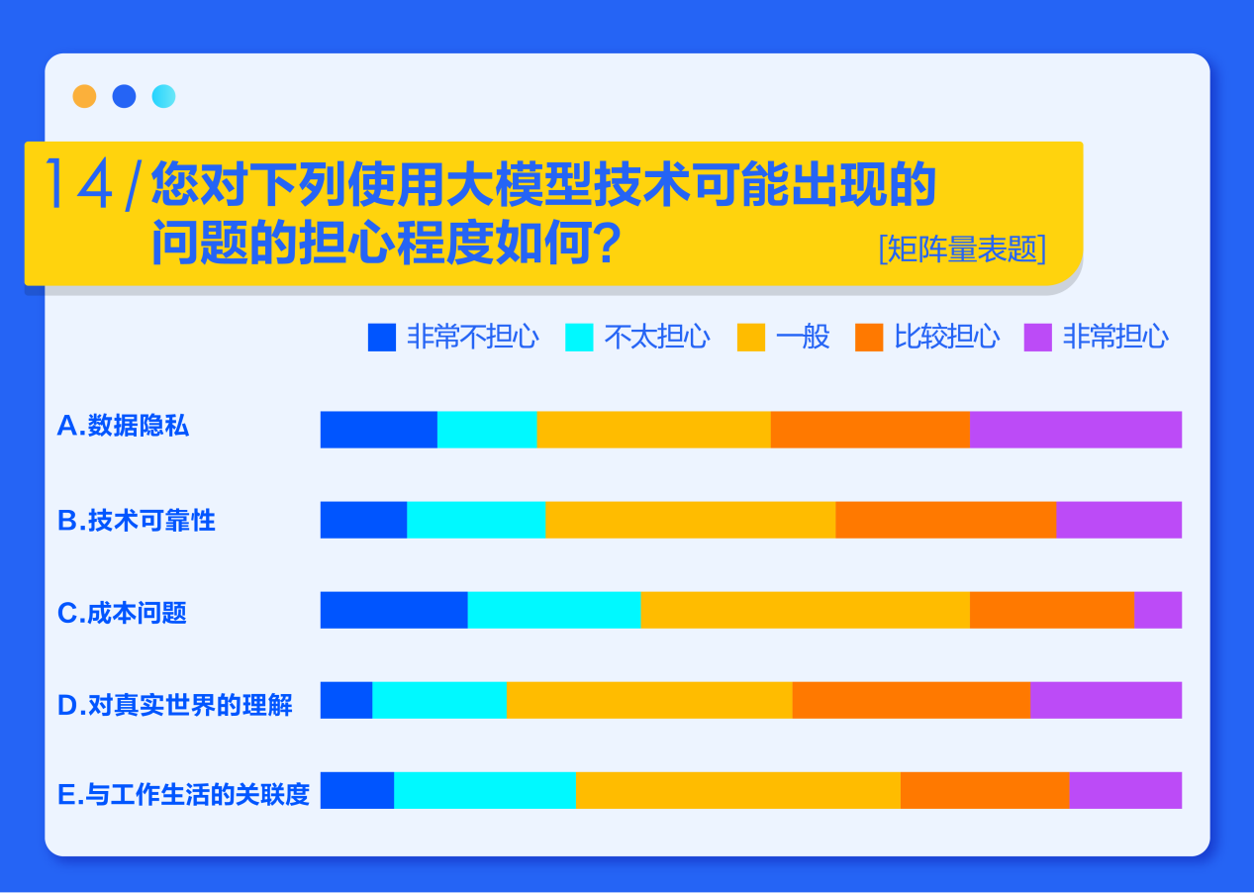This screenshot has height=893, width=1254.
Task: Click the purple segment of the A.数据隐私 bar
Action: coord(1076,430)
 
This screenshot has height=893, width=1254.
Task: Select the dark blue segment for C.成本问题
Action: coord(394,610)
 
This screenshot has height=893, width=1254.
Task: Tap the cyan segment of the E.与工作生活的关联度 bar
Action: coord(485,790)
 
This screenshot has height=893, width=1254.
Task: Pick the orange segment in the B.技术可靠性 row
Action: coord(945,520)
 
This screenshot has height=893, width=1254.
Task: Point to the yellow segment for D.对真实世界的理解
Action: coord(649,700)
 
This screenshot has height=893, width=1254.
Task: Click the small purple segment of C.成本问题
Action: coord(1158,610)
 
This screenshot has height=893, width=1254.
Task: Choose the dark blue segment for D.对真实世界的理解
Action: coord(346,700)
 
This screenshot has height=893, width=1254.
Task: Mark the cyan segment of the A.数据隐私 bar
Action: coord(487,430)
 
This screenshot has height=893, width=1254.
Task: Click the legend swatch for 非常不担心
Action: coord(382,337)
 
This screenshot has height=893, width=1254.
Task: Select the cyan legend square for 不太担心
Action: coord(579,337)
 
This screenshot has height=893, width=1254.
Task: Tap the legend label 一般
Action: coord(803,337)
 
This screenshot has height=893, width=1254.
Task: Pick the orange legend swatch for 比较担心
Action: coord(869,337)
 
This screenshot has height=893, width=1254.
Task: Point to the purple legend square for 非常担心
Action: coord(1038,337)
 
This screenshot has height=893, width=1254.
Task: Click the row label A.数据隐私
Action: coord(123,426)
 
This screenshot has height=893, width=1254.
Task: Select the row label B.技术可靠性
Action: coord(136,520)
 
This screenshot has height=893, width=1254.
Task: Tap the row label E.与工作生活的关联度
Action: coord(183,794)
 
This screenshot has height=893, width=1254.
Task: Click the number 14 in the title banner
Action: coord(79,183)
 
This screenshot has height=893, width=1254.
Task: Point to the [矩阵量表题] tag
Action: coord(962,248)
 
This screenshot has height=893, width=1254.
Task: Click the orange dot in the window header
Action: coord(84,96)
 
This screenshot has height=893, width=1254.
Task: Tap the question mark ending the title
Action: coord(608,243)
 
